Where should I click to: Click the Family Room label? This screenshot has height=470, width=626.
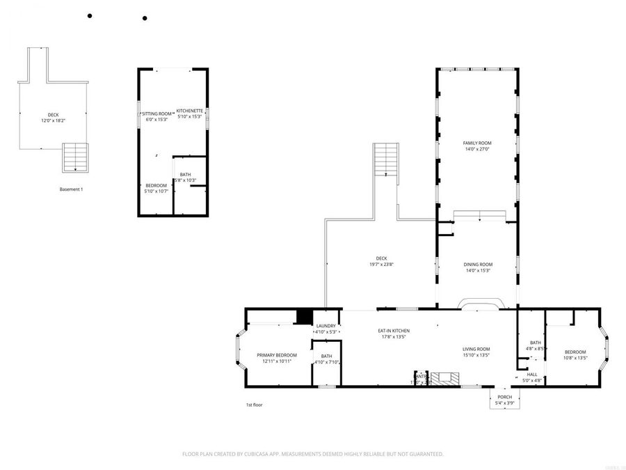point(477,143)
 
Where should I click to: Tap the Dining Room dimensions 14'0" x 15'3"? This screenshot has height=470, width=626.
point(478,270)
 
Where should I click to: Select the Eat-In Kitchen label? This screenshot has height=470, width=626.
point(393,331)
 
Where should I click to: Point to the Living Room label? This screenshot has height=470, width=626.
point(476,349)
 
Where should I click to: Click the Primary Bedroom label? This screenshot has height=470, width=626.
point(272,355)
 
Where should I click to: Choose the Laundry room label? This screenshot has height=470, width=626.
point(326,326)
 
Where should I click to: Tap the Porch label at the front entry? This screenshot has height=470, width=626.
point(504,397)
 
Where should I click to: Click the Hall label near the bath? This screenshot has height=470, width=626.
point(531,374)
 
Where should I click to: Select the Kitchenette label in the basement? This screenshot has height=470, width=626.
point(189,111)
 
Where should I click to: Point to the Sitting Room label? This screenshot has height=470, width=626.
point(157,113)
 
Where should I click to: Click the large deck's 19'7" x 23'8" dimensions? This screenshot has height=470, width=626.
point(381,264)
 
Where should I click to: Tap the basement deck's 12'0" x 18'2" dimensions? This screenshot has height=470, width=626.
point(53,120)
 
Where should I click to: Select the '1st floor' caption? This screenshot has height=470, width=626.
point(254,405)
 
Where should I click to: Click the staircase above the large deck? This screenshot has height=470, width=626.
point(385,159)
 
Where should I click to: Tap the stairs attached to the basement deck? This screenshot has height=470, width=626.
point(76,157)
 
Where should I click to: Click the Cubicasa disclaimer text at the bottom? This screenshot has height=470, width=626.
point(312,454)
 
